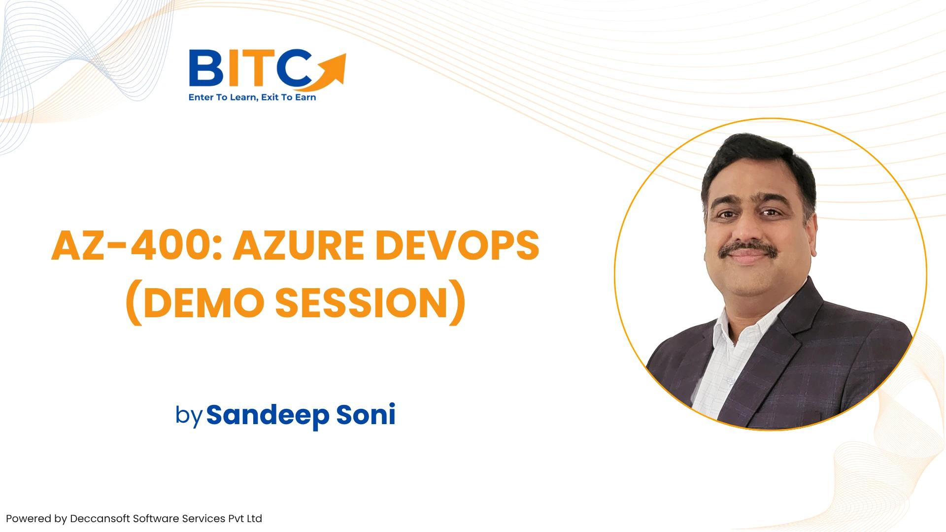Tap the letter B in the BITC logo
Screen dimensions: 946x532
pos(206,68)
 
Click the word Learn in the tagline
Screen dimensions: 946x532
pos(243,98)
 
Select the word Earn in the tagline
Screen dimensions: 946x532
pos(305,98)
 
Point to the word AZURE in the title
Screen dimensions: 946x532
pos(299,245)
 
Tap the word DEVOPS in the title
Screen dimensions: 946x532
pos(458,245)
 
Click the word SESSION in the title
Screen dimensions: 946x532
pos(361,302)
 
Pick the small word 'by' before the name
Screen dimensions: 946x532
pos(189,416)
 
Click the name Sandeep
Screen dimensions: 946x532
pos(268,415)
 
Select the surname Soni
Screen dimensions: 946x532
pos(366,414)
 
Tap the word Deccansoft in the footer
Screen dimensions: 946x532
pos(100,519)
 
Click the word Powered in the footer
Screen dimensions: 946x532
pos(29,519)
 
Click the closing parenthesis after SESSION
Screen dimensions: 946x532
pos(458,302)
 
